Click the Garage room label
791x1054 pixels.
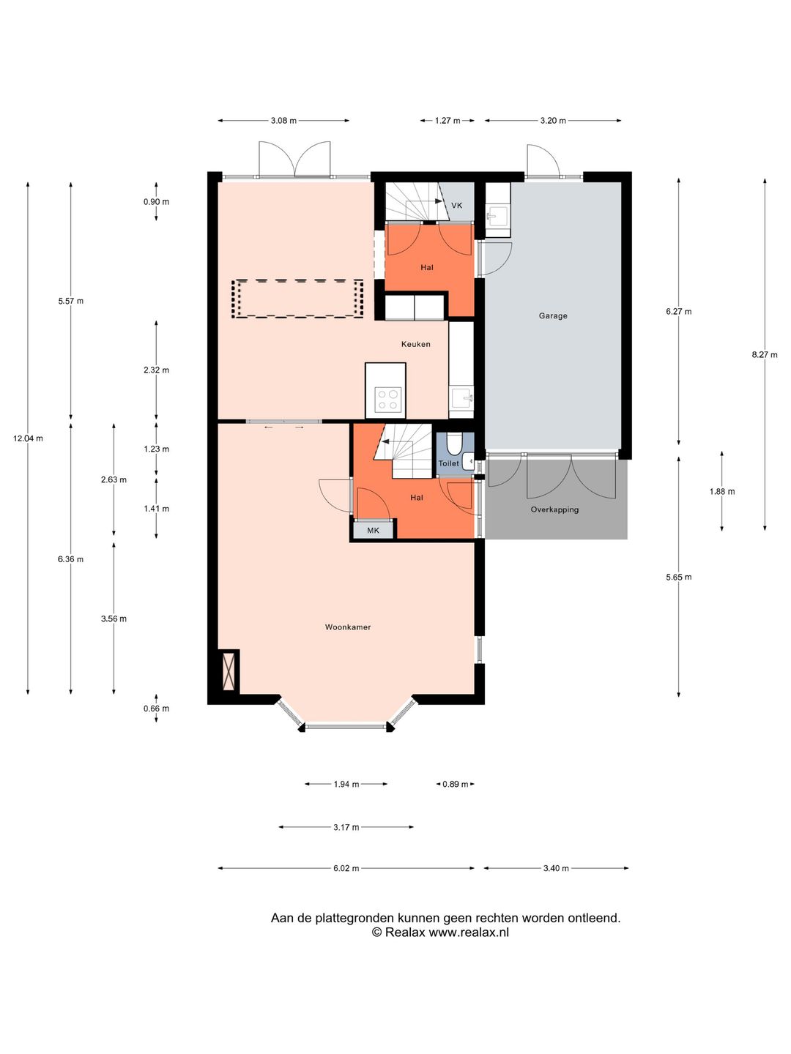[x=553, y=315]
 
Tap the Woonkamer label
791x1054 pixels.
[x=348, y=627]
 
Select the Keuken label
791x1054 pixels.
[x=416, y=344]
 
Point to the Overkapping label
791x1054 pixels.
[x=554, y=509]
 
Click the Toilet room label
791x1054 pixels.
[x=448, y=463]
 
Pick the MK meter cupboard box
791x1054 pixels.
[x=374, y=529]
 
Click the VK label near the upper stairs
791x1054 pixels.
[x=457, y=206]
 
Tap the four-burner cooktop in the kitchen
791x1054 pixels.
[x=388, y=400]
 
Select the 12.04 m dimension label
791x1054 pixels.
[x=28, y=438]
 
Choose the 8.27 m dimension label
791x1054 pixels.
[x=765, y=355]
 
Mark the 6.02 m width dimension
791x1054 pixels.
[x=346, y=868]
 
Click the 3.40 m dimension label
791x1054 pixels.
[x=556, y=868]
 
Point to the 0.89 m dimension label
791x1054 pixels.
[x=456, y=784]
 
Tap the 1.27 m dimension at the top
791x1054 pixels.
[x=448, y=121]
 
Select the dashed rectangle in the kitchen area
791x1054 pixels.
[x=297, y=299]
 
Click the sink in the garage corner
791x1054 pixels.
[x=497, y=216]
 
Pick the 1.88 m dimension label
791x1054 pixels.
[x=722, y=491]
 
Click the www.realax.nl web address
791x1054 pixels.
[x=469, y=932]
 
